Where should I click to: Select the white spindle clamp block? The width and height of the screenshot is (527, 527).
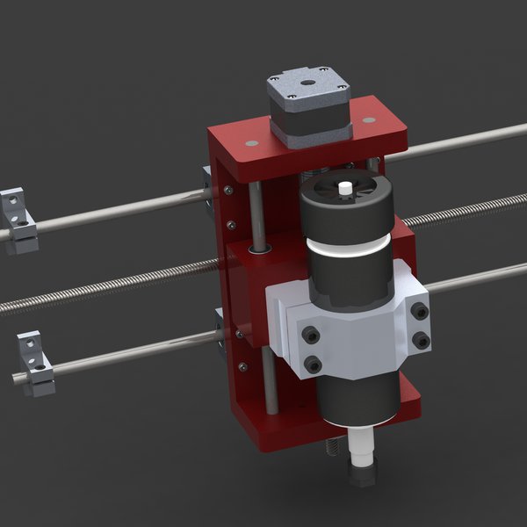click(x=351, y=325)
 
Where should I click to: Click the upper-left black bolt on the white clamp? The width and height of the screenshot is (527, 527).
click(x=310, y=334)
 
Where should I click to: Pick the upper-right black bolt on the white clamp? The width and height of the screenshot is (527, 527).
click(x=420, y=310)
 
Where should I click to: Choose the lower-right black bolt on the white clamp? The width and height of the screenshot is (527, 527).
click(x=421, y=340)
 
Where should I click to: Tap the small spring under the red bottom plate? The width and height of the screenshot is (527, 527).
click(x=334, y=448)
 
